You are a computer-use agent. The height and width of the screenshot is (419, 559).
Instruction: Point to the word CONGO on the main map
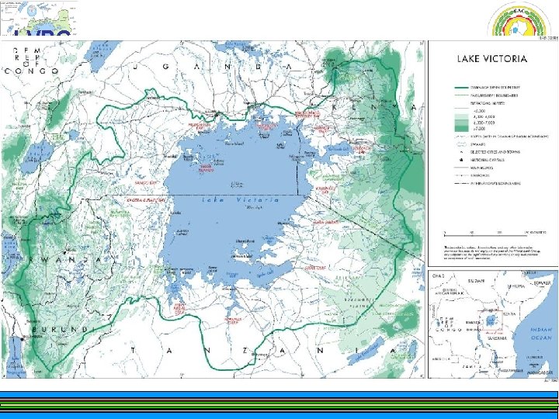(x=31, y=71)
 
